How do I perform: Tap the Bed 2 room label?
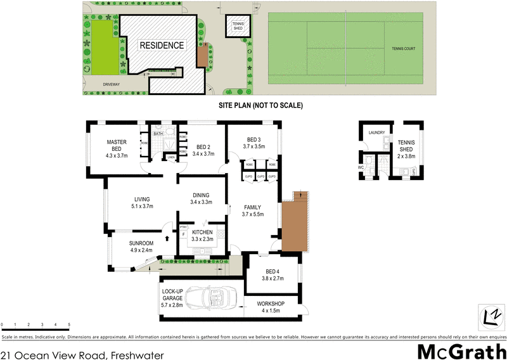(203, 145)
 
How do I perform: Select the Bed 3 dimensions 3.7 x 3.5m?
(252, 146)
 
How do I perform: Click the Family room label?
(252, 207)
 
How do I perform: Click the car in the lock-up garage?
(210, 298)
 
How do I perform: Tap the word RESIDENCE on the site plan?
(162, 46)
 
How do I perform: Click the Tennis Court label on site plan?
(406, 48)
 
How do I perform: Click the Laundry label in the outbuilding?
(377, 132)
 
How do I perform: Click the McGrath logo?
(461, 350)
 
